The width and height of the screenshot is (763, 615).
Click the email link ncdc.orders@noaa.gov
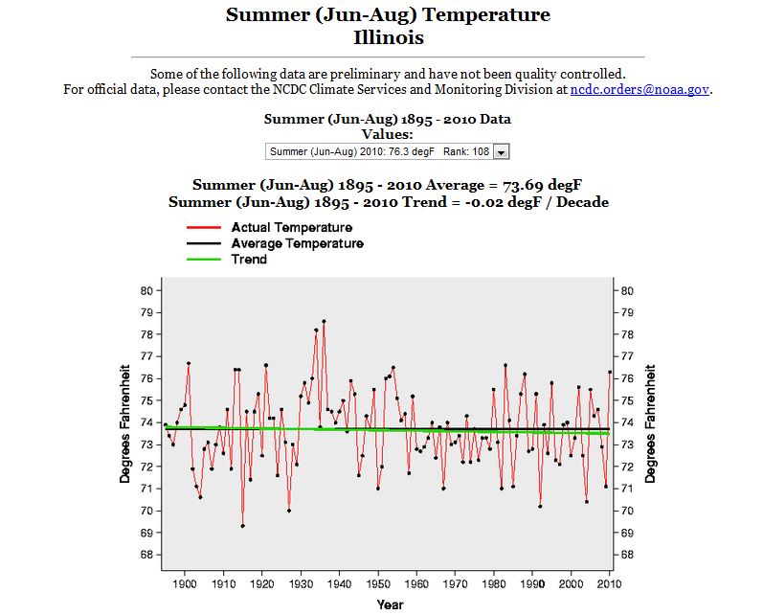point(640,89)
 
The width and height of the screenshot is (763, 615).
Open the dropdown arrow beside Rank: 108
point(503,151)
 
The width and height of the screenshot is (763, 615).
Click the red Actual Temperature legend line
point(205,228)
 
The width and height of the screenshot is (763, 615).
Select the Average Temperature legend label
point(297,243)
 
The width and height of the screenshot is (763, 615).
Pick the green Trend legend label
point(249,259)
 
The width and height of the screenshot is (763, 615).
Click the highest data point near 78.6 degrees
point(324,321)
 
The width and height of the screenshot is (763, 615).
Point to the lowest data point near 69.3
point(242,526)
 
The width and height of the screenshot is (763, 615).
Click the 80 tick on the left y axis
point(146,290)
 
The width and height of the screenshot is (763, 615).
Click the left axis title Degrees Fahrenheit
point(124,422)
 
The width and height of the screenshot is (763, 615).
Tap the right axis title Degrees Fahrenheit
point(651,422)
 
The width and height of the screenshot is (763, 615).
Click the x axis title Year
point(390,604)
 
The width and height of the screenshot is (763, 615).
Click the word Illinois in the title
point(388,38)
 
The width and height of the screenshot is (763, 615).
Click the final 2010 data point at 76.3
point(610,372)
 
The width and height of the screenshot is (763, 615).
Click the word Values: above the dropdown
point(387,134)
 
